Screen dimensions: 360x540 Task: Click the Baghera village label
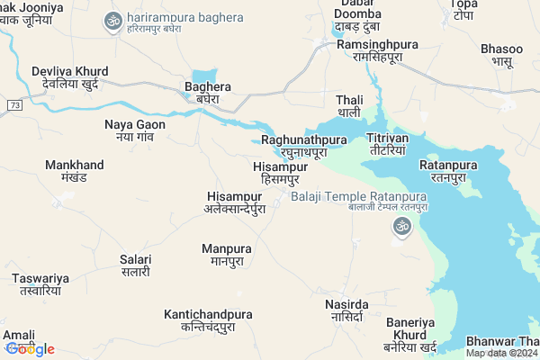pos(208,93)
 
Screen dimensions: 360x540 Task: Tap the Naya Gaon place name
pos(135,130)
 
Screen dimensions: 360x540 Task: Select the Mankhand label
pos(75,171)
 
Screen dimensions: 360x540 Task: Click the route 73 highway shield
pos(13,105)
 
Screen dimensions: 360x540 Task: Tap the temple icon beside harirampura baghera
pos(113,21)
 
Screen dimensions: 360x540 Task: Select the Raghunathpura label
pos(304,146)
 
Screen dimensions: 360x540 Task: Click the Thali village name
pos(348,105)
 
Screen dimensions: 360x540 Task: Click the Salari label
pos(136,265)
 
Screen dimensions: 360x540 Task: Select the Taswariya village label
pos(40,284)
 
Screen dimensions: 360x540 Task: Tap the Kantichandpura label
pos(208,320)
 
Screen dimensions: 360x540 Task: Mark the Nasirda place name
pos(346,311)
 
